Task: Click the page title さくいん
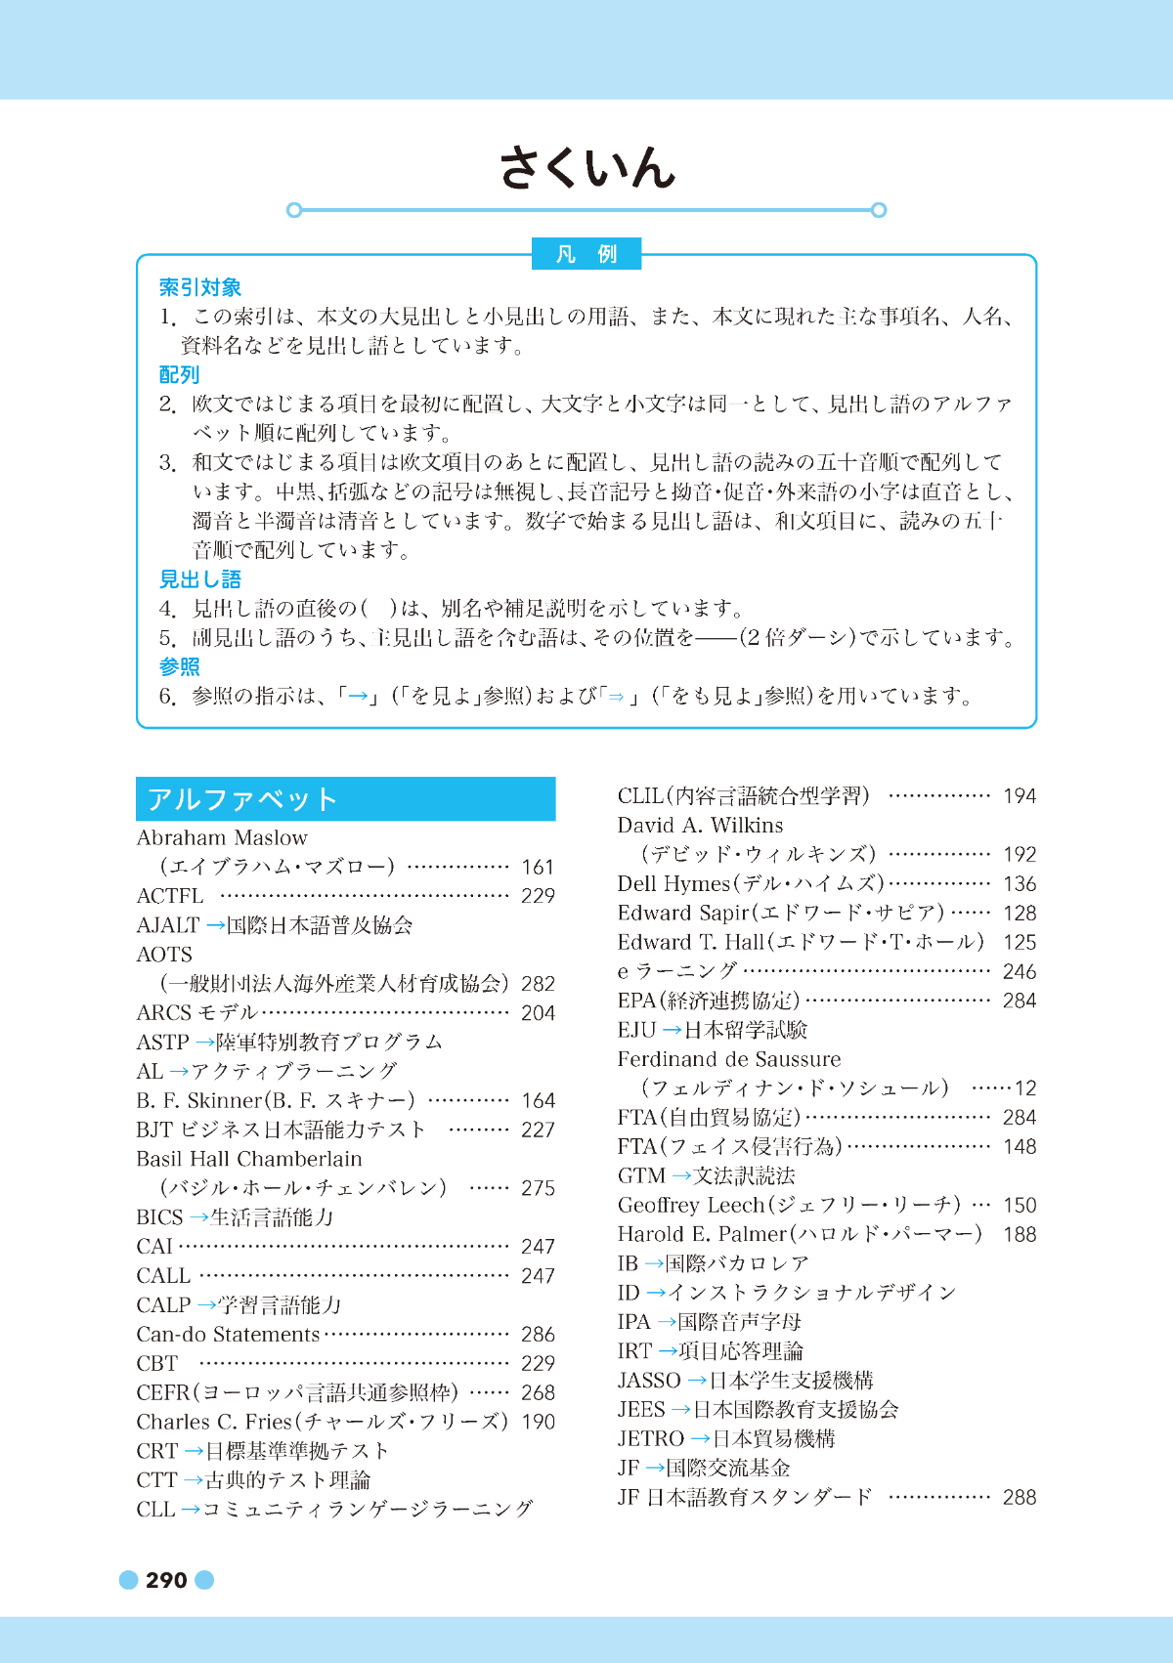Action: [x=586, y=168]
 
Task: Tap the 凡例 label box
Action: [x=586, y=254]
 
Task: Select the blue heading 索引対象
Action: [x=200, y=287]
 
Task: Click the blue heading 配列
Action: [x=180, y=374]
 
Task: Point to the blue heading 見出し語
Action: [x=200, y=579]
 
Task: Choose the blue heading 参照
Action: [x=180, y=666]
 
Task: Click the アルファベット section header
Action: [x=345, y=799]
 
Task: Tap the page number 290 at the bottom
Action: [x=166, y=1580]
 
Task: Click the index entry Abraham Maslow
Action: [x=222, y=837]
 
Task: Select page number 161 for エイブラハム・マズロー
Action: [x=538, y=867]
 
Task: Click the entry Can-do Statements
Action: [x=228, y=1334]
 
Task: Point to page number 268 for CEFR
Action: [x=538, y=1392]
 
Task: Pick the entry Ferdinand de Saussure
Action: [x=728, y=1059]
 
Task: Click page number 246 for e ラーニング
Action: [x=1019, y=971]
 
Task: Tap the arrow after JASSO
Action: [x=697, y=1380]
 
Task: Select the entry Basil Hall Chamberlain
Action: [x=249, y=1159]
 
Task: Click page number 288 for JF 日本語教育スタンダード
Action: [x=1019, y=1497]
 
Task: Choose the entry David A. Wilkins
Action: [x=700, y=826]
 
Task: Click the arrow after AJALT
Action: [x=215, y=925]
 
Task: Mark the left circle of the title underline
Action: [x=294, y=210]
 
